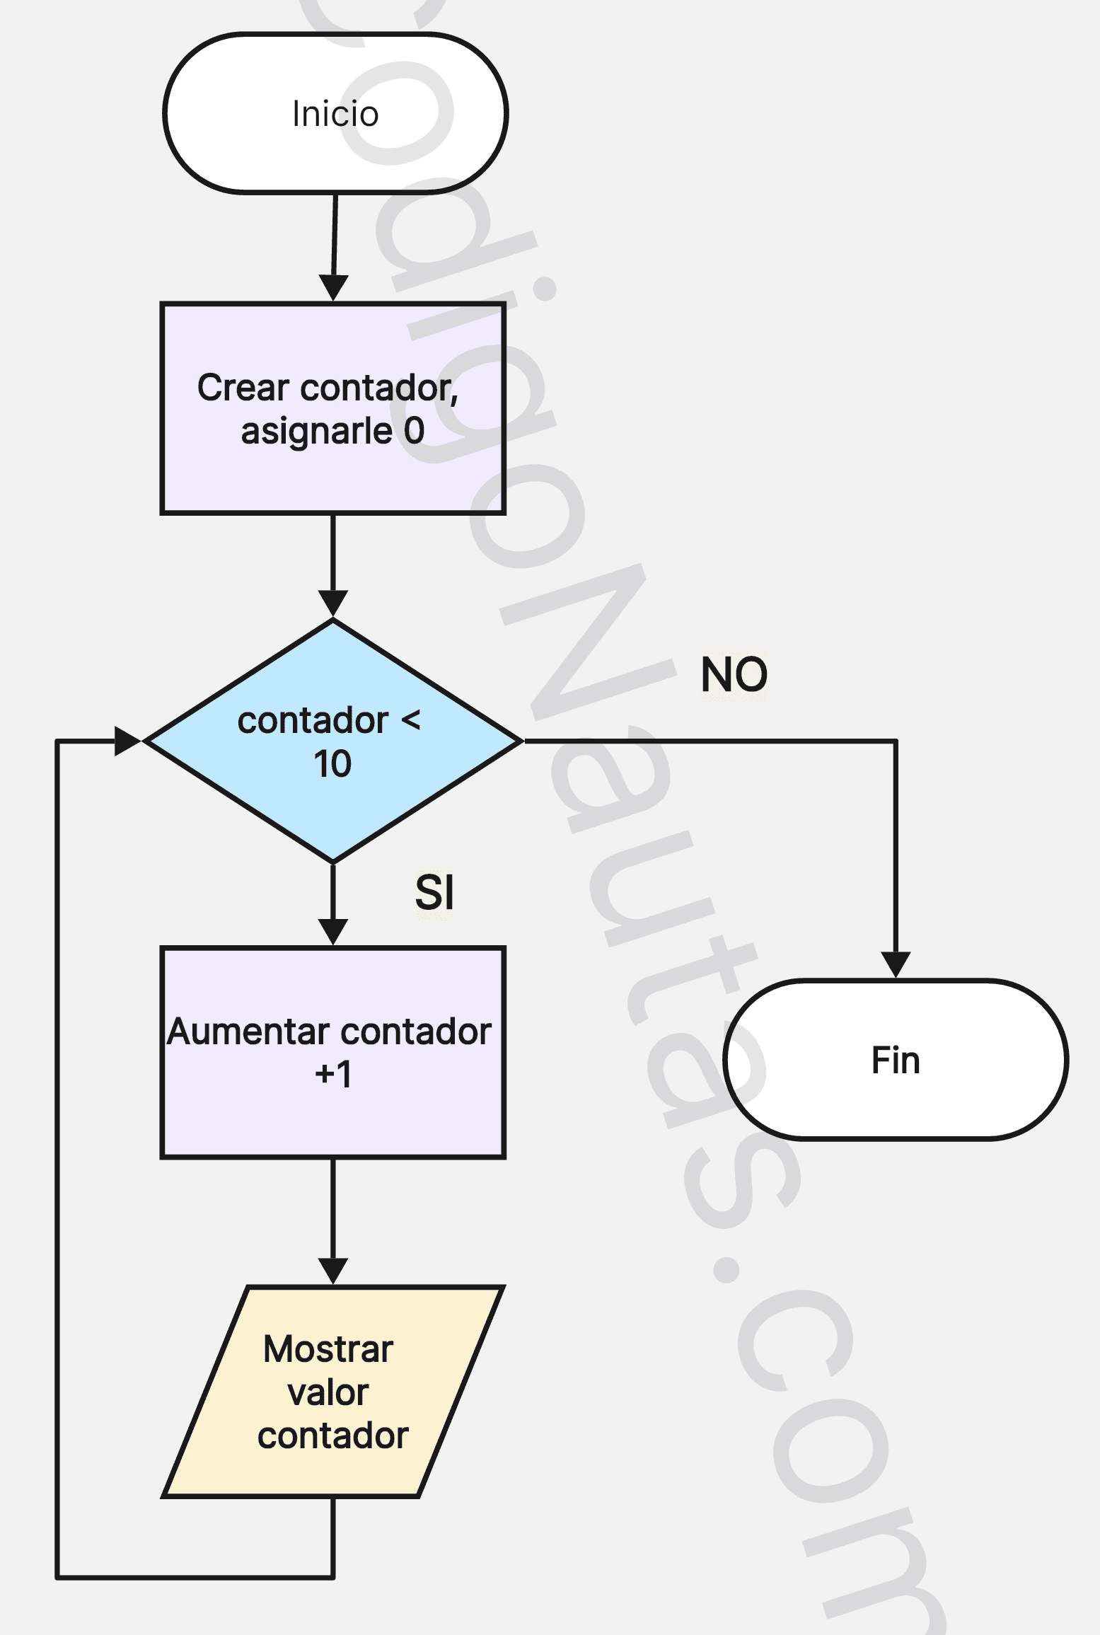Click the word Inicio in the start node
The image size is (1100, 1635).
click(335, 114)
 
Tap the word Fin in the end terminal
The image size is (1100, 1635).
click(895, 1061)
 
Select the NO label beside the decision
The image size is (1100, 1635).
click(734, 674)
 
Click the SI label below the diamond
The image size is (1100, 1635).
click(434, 892)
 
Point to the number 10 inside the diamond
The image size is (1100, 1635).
click(332, 764)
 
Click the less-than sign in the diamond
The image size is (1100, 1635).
click(411, 721)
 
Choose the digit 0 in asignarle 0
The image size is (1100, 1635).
click(414, 430)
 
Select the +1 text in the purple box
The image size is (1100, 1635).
click(332, 1075)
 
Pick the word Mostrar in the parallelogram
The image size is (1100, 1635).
click(328, 1349)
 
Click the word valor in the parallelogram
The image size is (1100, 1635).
click(328, 1393)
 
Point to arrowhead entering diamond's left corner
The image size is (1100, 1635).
click(129, 741)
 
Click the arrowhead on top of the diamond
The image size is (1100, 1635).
click(332, 603)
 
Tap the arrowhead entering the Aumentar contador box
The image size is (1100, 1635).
click(332, 932)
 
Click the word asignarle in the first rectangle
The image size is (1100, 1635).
click(316, 432)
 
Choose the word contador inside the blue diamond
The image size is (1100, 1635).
click(313, 721)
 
